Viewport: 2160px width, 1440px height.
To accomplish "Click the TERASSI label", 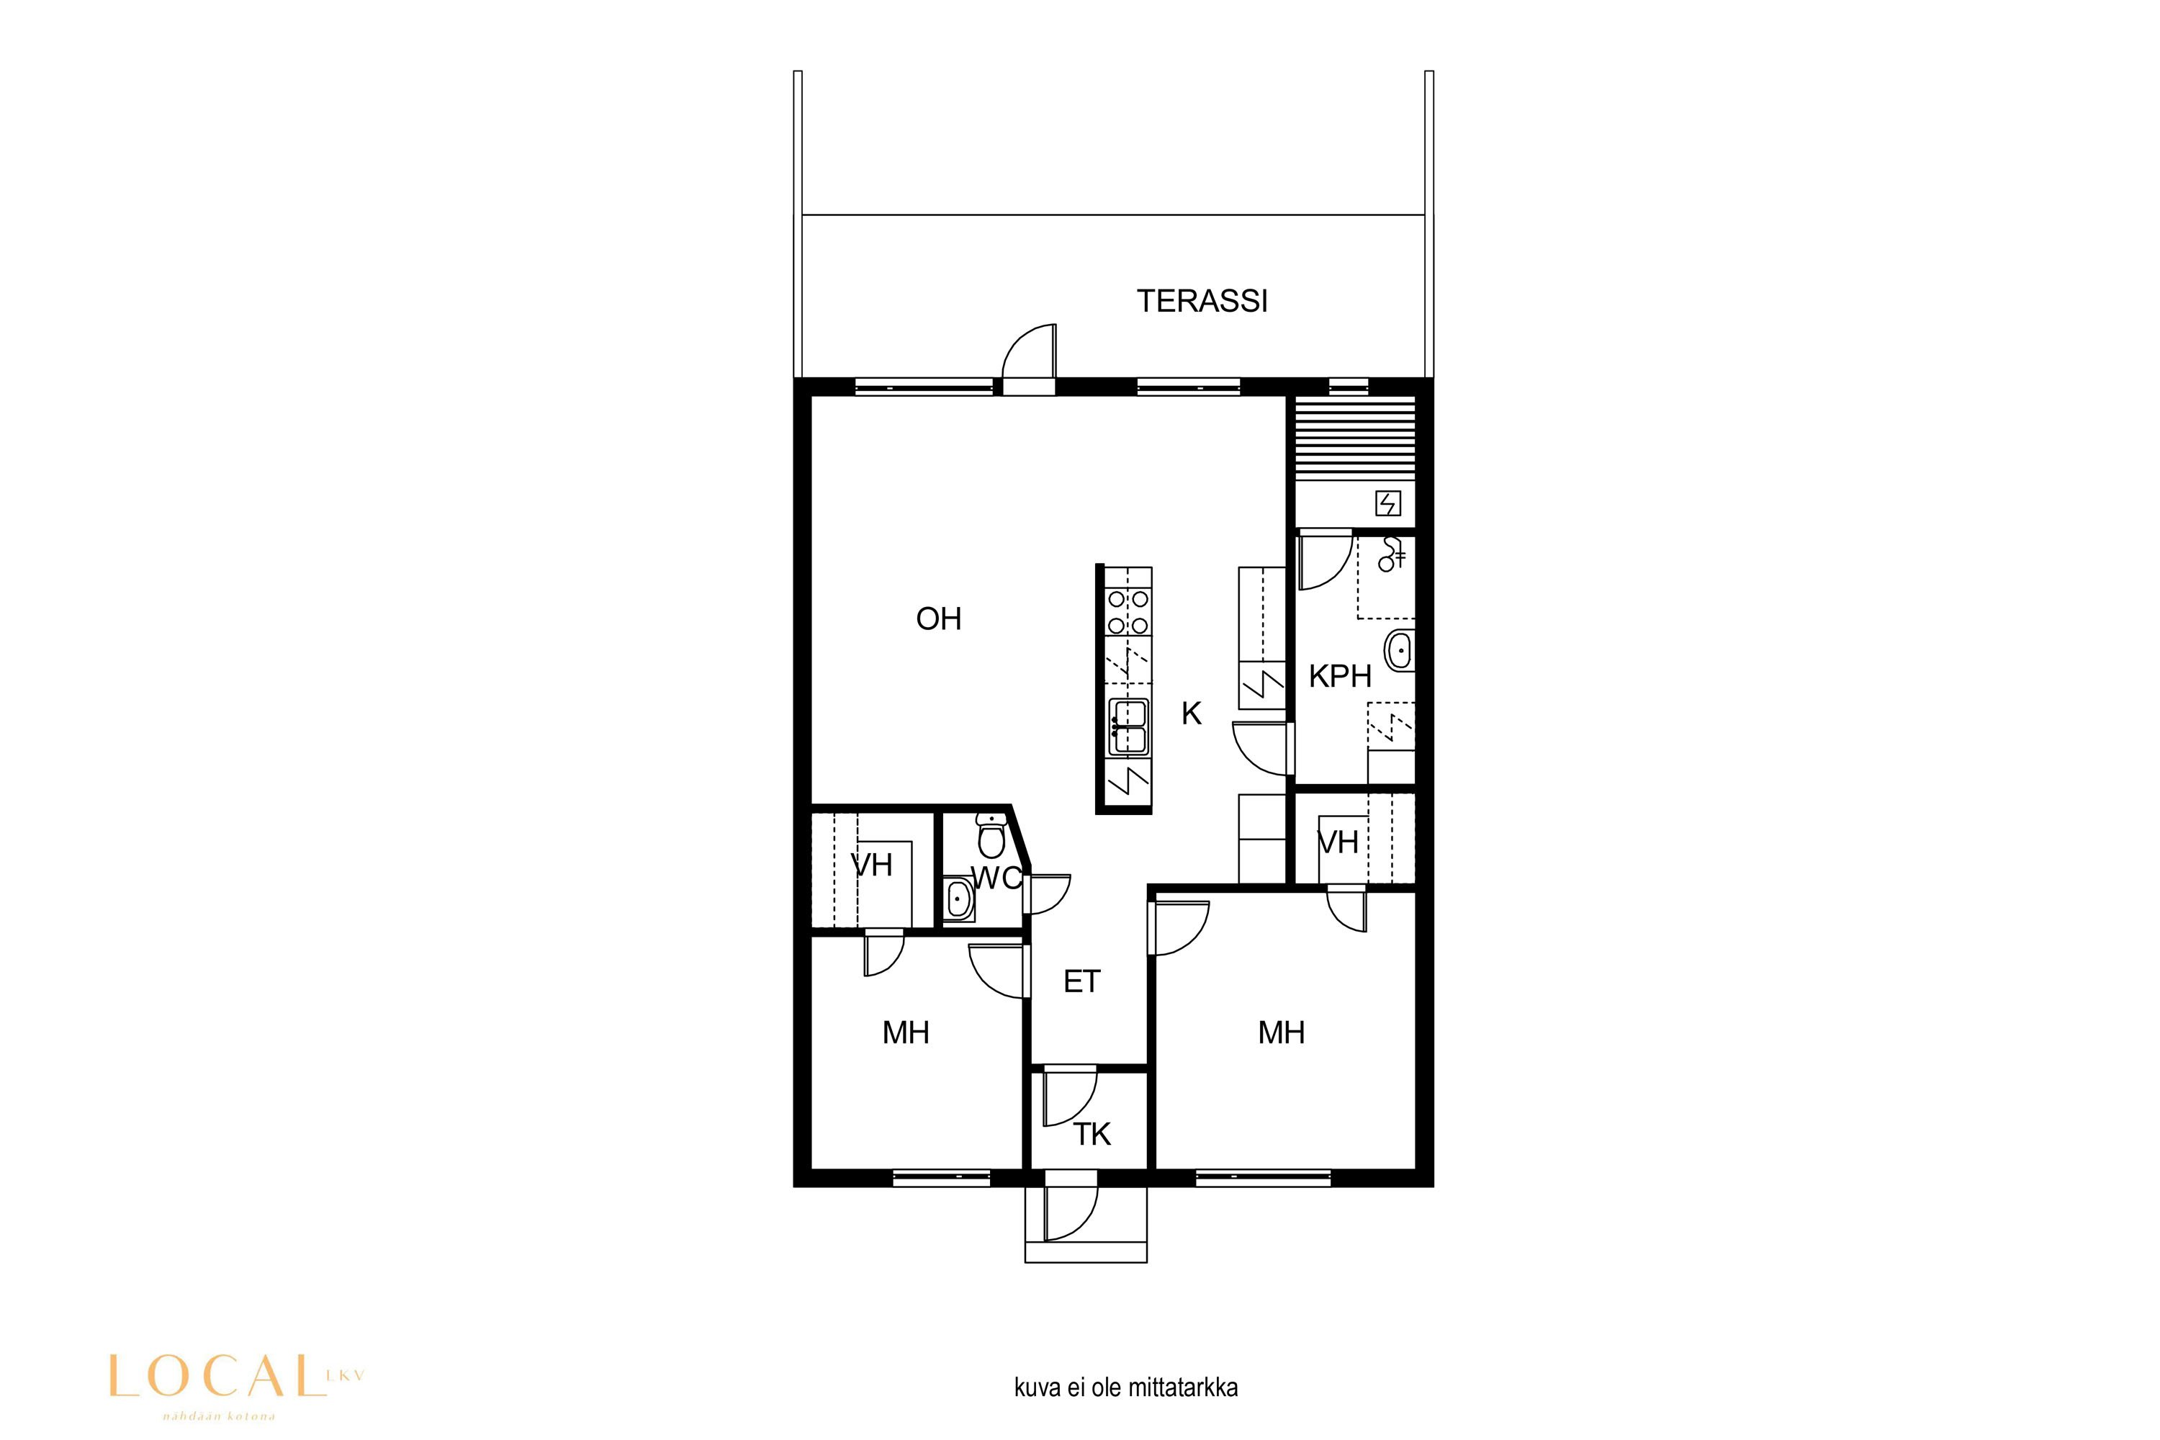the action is [x=1202, y=301].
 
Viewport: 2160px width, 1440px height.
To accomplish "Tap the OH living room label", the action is [x=939, y=619].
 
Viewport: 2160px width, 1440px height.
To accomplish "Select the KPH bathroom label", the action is [x=1340, y=677].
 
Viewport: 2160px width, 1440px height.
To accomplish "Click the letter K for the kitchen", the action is [x=1191, y=714].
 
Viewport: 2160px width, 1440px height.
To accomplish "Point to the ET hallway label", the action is [x=1082, y=982].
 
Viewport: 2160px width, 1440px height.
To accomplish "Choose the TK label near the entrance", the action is [x=1092, y=1135].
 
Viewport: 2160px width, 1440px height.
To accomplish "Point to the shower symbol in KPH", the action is [x=1393, y=553].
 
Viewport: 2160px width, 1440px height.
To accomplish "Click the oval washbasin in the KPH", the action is [x=1400, y=651].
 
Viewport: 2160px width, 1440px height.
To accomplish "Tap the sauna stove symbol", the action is [x=1387, y=503].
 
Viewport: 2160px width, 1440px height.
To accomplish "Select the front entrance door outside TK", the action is [x=1071, y=1213].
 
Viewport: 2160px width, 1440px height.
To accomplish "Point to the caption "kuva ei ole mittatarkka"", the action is [x=1126, y=1387].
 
